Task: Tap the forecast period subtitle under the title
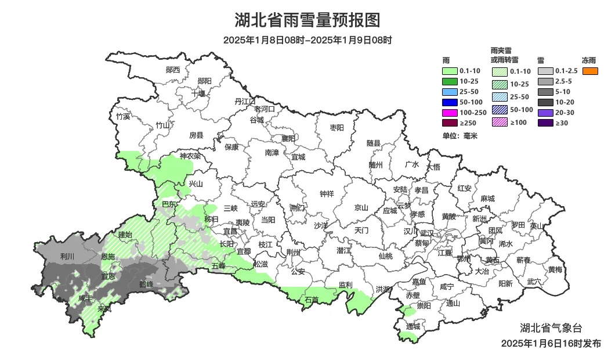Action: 307,40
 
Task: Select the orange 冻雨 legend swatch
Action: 590,71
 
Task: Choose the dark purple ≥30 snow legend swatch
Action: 545,123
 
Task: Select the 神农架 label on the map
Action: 190,156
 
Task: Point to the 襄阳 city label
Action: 288,138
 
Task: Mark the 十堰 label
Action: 198,93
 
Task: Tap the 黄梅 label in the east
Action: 555,269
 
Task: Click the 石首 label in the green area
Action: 312,300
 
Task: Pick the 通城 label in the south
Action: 413,326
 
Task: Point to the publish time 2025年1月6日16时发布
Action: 551,344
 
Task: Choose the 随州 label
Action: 376,165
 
